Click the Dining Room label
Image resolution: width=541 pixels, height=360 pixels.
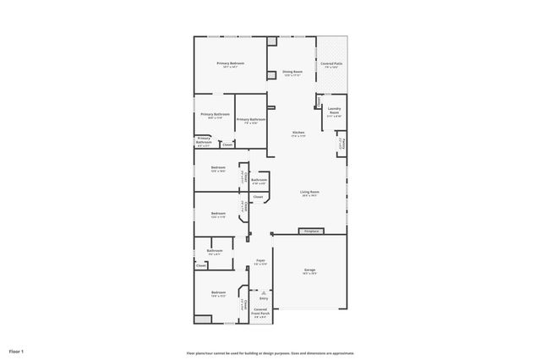tap(292, 74)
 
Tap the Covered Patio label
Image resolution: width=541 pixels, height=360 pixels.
tap(331, 65)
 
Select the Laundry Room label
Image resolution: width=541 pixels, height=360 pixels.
tap(334, 111)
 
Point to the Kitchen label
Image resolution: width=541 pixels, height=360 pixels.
tap(298, 134)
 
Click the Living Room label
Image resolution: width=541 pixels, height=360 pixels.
tap(309, 194)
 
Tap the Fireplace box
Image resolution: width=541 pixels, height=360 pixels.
tap(311, 231)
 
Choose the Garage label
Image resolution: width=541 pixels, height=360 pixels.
tap(309, 270)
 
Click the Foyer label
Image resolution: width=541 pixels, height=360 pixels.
tap(261, 262)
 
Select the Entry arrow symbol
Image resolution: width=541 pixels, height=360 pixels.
tap(263, 292)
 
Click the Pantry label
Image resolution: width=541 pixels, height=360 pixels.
tap(342, 145)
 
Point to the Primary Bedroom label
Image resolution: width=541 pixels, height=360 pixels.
tap(230, 65)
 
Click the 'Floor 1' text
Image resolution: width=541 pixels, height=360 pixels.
tap(17, 351)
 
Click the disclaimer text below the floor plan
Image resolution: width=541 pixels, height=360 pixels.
tap(270, 352)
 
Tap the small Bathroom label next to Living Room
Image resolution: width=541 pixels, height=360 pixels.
tap(259, 180)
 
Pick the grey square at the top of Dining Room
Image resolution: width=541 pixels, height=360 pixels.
tap(271, 41)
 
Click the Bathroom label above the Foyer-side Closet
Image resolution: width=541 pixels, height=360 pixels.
tap(215, 251)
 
